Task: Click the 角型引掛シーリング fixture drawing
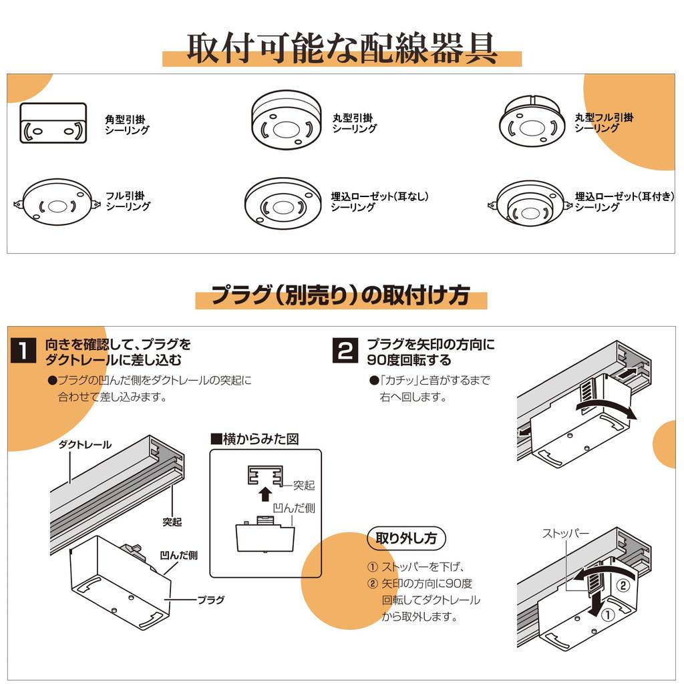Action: (x=53, y=123)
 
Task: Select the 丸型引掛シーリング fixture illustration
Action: (x=286, y=120)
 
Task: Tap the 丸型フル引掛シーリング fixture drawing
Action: (x=532, y=121)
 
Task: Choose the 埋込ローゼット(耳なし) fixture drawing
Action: (x=283, y=203)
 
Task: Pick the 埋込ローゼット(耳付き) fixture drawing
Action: (x=530, y=203)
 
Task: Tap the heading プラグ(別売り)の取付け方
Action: (x=341, y=295)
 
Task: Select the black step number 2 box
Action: (x=345, y=350)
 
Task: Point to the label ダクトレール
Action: (x=85, y=444)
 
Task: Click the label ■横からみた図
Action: (x=254, y=438)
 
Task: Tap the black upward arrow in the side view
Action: (x=265, y=494)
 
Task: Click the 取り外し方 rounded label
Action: (x=406, y=538)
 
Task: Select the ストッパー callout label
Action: (x=566, y=533)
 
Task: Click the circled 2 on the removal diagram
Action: (x=623, y=585)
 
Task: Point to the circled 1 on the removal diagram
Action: (x=608, y=615)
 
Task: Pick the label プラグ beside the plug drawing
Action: (x=210, y=600)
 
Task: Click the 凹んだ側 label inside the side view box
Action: (x=294, y=508)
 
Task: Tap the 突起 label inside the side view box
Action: (x=304, y=485)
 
